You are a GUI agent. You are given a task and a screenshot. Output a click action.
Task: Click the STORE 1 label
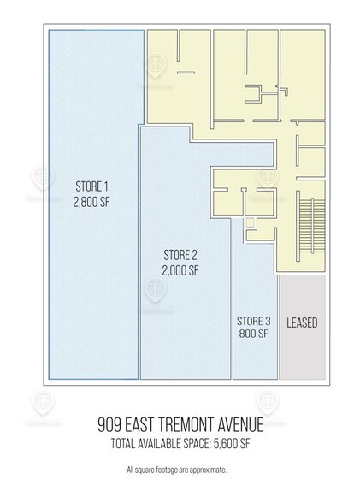point(93,186)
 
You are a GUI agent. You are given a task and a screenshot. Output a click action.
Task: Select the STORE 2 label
point(180,254)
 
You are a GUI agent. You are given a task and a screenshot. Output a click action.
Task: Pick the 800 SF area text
point(254,334)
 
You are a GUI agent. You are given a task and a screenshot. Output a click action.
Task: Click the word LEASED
point(301,323)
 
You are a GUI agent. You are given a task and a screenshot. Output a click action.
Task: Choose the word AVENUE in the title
point(253,425)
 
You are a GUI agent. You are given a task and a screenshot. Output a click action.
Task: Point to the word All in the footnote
point(130,470)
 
